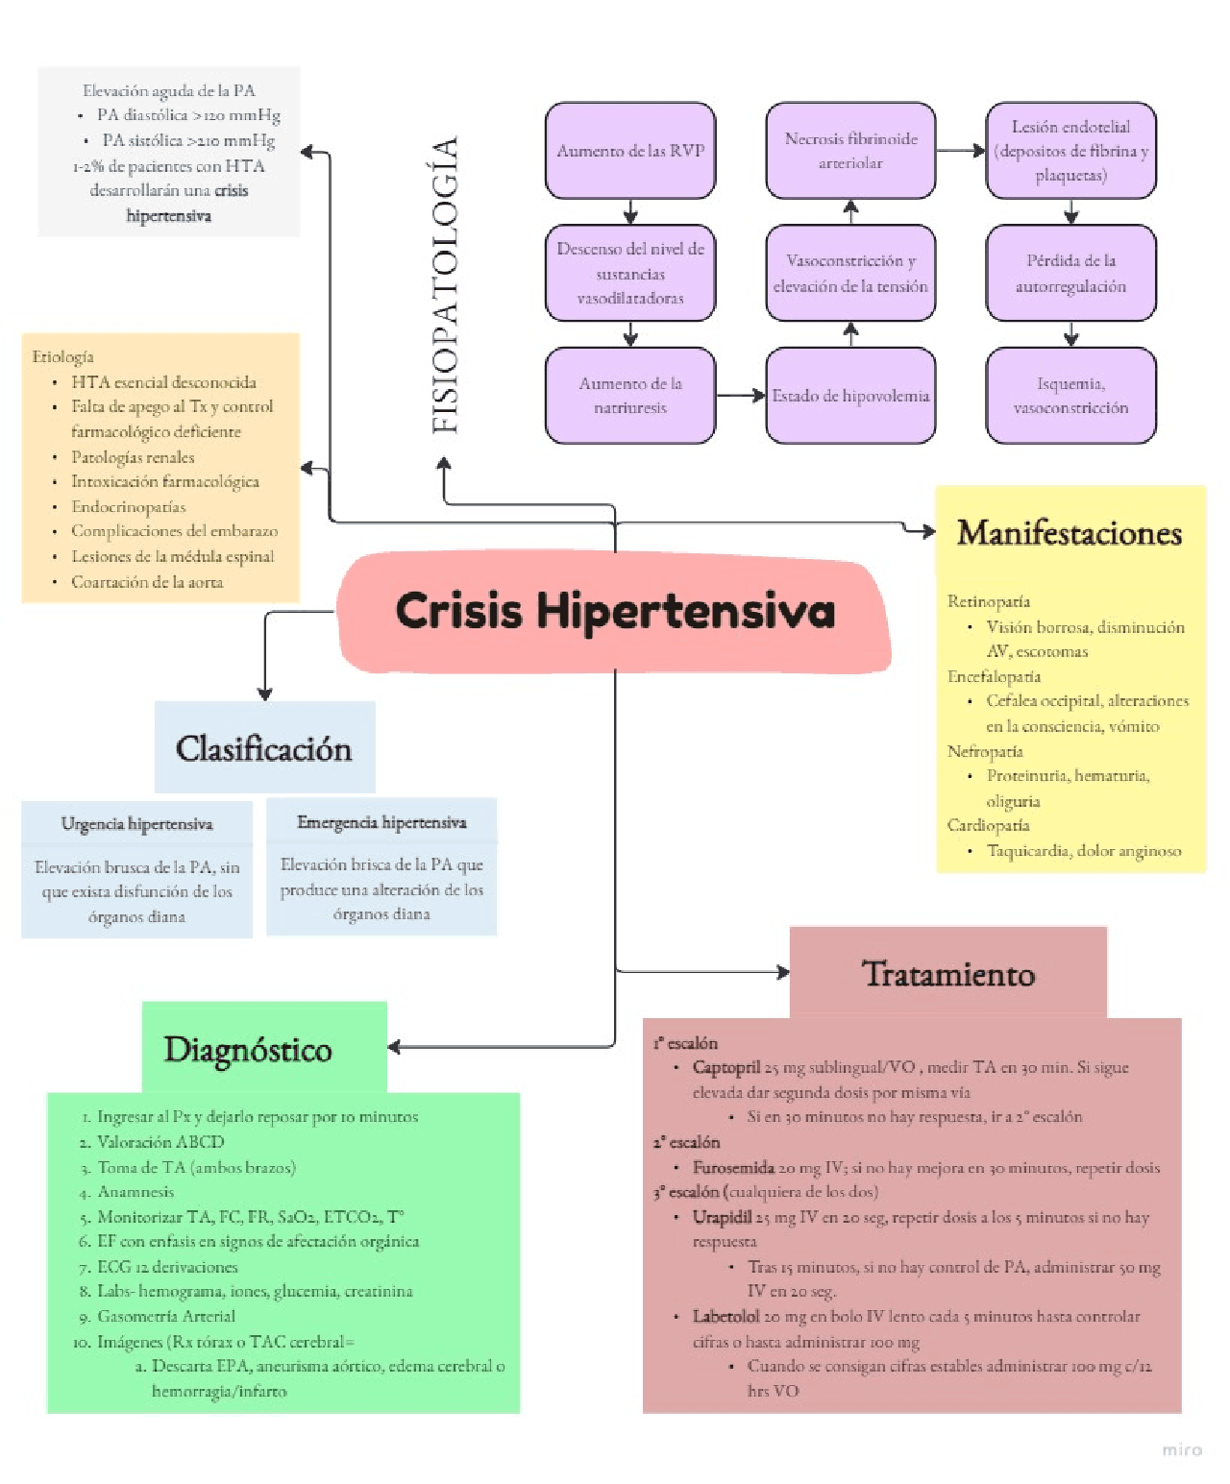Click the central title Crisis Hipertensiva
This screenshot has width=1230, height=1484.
[615, 611]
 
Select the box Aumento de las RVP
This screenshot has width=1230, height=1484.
[630, 151]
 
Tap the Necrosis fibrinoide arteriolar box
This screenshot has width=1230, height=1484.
[850, 151]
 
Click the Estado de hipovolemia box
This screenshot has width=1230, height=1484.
[850, 396]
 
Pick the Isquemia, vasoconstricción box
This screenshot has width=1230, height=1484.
[1070, 396]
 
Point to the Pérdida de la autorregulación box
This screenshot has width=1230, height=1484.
[1070, 273]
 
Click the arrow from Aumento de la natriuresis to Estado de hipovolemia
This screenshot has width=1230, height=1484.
[741, 396]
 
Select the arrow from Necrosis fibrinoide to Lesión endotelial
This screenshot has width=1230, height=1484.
[961, 151]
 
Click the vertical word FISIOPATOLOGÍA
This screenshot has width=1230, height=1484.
[445, 285]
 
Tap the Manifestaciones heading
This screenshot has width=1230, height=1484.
[1070, 533]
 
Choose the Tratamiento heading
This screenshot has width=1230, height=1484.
[948, 974]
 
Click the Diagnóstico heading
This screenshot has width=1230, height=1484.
[248, 1049]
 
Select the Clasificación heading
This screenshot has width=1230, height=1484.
[264, 748]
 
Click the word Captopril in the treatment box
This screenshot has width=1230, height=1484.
[726, 1067]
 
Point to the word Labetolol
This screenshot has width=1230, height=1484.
[726, 1316]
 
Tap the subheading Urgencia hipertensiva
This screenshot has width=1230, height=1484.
[136, 824]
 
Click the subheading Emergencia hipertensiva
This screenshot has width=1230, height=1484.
[381, 822]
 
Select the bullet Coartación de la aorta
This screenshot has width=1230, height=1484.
[147, 582]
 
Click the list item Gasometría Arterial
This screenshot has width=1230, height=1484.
[165, 1316]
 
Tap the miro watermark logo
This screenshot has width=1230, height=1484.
[1182, 1449]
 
